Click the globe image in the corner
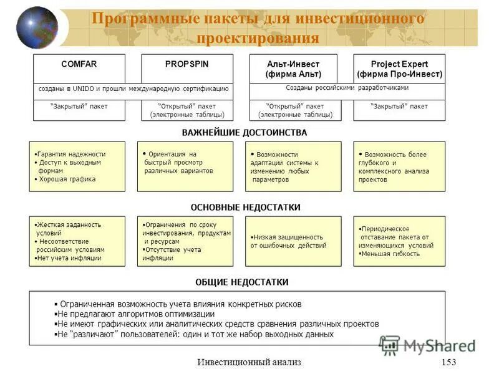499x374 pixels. [x=37, y=28]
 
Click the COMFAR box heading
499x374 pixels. [x=79, y=64]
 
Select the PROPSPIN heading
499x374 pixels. [x=187, y=64]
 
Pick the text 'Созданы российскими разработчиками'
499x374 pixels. [x=347, y=88]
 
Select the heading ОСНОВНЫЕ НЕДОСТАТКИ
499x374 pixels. [x=245, y=208]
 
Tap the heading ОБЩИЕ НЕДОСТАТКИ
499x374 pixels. [x=242, y=282]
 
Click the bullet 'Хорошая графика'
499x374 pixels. [x=67, y=180]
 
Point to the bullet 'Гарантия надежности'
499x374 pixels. [x=70, y=154]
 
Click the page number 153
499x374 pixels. [x=448, y=363]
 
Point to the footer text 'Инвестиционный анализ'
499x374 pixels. [x=249, y=363]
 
